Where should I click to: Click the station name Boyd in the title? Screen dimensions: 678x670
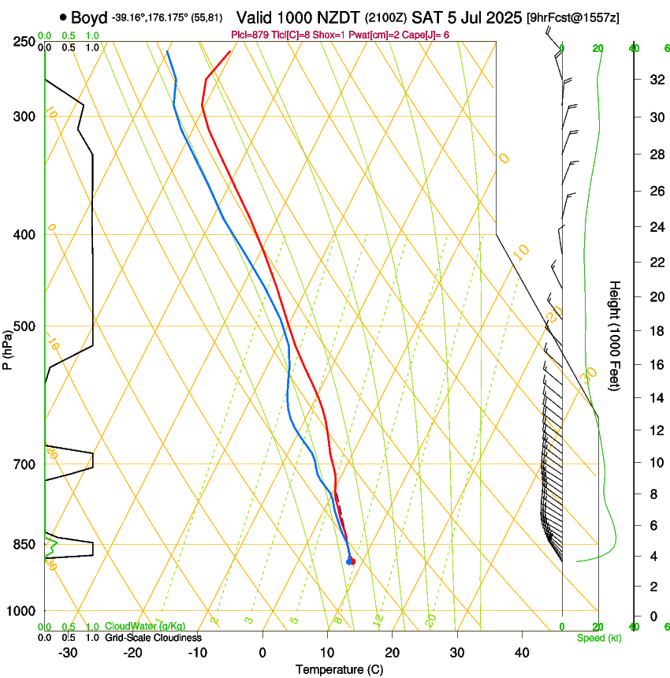[89, 17]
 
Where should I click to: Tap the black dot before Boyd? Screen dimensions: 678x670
[62, 17]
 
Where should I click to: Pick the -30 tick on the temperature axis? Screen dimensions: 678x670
[68, 652]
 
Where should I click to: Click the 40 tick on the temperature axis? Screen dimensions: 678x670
[521, 652]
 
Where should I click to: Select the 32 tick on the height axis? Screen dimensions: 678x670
[654, 79]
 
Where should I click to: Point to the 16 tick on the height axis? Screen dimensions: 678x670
[654, 365]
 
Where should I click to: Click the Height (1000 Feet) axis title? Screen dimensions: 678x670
[616, 335]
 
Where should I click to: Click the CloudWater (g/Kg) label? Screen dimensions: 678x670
[146, 626]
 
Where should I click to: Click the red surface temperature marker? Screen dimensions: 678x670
[352, 561]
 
